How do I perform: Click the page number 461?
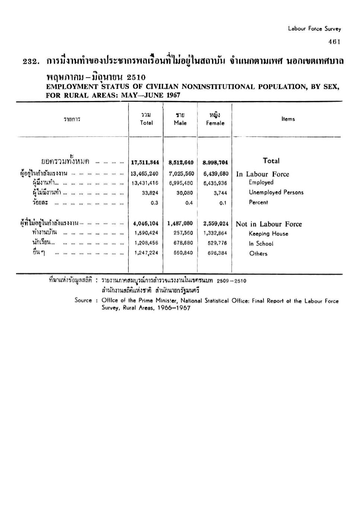click(334, 42)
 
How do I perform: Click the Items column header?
click(288, 119)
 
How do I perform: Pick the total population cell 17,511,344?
click(145, 162)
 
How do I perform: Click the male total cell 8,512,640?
click(181, 162)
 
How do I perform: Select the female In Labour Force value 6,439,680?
click(216, 174)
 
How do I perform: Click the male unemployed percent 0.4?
click(189, 203)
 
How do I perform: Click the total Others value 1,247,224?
click(146, 253)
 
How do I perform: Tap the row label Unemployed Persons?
click(276, 192)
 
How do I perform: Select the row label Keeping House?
click(268, 234)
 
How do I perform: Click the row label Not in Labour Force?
click(269, 224)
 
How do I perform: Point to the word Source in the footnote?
click(83, 300)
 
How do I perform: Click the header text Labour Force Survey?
click(314, 29)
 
